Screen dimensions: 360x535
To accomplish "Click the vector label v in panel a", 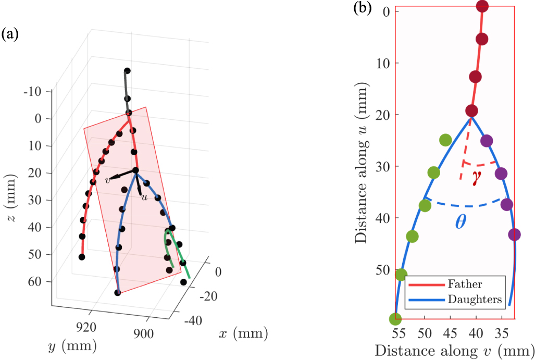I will (107, 180).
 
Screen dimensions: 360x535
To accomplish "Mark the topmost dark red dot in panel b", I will (482, 6).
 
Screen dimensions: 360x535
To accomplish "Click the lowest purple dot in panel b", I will (514, 234).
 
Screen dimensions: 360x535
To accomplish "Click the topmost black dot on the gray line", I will (127, 71).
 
